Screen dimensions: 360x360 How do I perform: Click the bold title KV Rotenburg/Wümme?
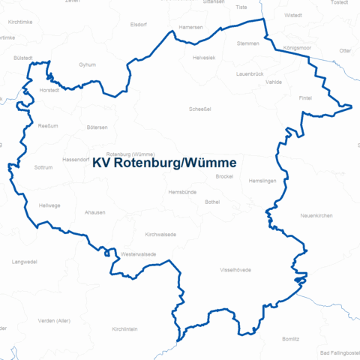[x=164, y=163]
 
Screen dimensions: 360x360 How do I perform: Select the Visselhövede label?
[x=235, y=269]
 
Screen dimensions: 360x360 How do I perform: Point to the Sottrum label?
[x=44, y=167]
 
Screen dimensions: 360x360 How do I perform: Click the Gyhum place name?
[x=87, y=64]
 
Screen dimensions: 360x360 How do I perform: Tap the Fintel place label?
[x=305, y=97]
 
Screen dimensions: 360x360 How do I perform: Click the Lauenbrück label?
[x=250, y=75]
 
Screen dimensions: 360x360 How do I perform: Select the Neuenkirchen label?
[x=316, y=215]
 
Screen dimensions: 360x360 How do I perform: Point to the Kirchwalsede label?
[x=160, y=234]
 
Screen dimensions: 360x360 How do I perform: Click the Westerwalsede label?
[x=139, y=254]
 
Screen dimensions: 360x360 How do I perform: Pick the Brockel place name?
[x=224, y=176]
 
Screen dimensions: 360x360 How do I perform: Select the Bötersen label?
[x=97, y=127]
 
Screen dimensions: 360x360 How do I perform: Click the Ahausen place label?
[x=95, y=213]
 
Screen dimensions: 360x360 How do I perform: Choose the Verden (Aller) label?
[x=54, y=320]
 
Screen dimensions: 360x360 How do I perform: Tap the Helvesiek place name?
[x=204, y=58]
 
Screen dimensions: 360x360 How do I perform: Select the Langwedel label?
[x=24, y=262]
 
